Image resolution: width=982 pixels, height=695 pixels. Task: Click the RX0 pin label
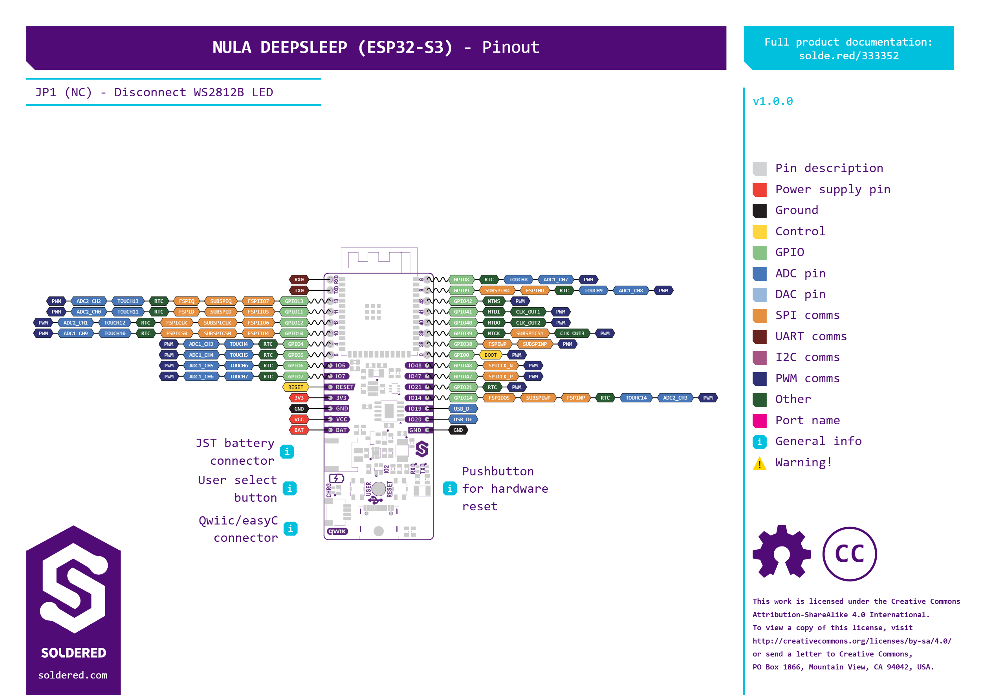pyautogui.click(x=299, y=279)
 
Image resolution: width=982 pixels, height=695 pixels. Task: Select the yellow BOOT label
pyautogui.click(x=490, y=355)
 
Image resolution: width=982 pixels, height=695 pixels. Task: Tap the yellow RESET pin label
pyautogui.click(x=295, y=387)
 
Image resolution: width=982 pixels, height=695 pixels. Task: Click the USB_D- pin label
pyautogui.click(x=463, y=409)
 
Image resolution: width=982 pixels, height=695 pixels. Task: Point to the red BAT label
pyautogui.click(x=299, y=430)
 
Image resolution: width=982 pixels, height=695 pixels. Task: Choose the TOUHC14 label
pyautogui.click(x=636, y=398)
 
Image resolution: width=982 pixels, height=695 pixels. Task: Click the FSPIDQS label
pyautogui.click(x=499, y=398)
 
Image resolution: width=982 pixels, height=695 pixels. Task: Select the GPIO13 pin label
pyautogui.click(x=294, y=301)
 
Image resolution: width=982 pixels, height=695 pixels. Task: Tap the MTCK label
pyautogui.click(x=494, y=334)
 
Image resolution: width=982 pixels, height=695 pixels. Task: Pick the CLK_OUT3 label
pyautogui.click(x=572, y=334)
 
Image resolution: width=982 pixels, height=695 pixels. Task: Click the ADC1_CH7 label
pyautogui.click(x=555, y=279)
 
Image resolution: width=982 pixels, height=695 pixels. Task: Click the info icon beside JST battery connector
pyautogui.click(x=287, y=451)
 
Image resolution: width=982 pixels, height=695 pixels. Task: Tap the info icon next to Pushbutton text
pyautogui.click(x=449, y=488)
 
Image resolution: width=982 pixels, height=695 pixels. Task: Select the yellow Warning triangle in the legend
pyautogui.click(x=760, y=463)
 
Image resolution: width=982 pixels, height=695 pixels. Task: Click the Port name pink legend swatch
pyautogui.click(x=760, y=421)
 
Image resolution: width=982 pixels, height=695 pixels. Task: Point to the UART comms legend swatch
pyautogui.click(x=760, y=336)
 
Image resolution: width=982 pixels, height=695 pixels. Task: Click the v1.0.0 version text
pyautogui.click(x=772, y=101)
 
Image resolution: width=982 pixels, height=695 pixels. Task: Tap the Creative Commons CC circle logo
pyautogui.click(x=849, y=554)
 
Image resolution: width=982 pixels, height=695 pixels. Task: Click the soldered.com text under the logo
pyautogui.click(x=73, y=675)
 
